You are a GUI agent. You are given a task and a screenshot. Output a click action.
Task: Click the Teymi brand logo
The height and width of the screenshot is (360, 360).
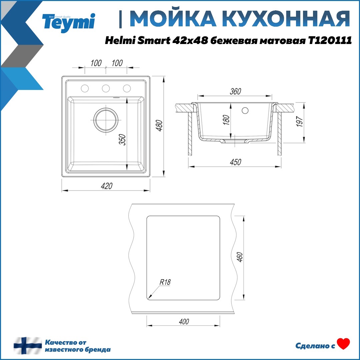[x=69, y=22]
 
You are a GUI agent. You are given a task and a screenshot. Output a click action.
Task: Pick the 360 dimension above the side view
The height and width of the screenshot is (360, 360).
[x=235, y=92]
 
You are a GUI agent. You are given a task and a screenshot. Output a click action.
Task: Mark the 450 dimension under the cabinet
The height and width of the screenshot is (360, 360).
[x=235, y=162]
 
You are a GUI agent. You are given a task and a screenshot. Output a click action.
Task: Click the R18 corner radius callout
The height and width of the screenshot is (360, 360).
[x=165, y=282]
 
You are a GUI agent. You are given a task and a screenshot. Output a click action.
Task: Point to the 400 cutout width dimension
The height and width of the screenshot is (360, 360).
[x=184, y=321]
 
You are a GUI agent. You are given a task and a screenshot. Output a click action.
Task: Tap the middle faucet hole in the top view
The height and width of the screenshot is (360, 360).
[x=106, y=88]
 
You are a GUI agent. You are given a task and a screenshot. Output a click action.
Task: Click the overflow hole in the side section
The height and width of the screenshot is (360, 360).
[x=245, y=110]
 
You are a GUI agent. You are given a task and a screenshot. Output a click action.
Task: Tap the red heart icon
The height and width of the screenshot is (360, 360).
[x=343, y=344]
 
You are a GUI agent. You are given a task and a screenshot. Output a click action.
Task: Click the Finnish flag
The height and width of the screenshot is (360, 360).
[x=28, y=346]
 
